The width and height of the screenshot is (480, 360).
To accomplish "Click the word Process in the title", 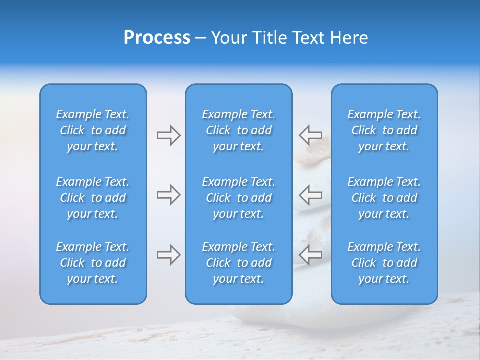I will tap(157, 38).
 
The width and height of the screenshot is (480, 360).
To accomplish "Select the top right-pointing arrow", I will tap(169, 135).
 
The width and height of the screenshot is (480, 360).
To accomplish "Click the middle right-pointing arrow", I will tap(169, 195).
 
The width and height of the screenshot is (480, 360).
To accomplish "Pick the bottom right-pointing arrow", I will tap(169, 255).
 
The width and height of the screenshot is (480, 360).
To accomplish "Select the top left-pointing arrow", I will tap(310, 135).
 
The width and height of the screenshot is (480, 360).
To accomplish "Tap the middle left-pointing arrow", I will tap(310, 195).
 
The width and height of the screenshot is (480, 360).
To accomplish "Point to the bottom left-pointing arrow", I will tap(310, 255).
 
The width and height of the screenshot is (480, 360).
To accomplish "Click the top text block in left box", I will tap(93, 130).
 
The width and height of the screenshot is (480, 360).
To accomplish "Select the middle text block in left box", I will tap(93, 198).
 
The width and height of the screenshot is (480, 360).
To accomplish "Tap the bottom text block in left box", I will tap(93, 263).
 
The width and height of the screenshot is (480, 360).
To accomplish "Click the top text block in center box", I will tap(239, 130).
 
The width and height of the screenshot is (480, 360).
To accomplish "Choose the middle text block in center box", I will tap(239, 198).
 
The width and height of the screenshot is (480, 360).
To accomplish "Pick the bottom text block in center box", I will tap(239, 263).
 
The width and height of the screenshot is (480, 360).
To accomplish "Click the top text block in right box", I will tap(384, 130).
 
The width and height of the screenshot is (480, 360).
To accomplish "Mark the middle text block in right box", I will tap(384, 198).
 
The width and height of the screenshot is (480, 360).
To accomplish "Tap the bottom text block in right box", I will tap(384, 263).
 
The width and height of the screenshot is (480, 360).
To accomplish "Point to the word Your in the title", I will tap(227, 38).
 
